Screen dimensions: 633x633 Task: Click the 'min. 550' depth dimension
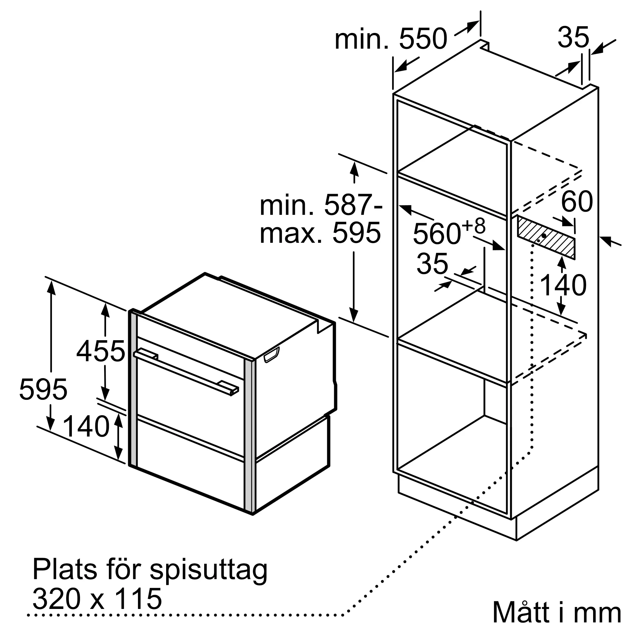(391, 39)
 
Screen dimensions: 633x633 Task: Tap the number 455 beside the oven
(101, 352)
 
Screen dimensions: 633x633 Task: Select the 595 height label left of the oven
(43, 389)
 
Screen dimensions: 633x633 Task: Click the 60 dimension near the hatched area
(577, 201)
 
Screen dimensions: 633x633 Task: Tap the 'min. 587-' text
(321, 205)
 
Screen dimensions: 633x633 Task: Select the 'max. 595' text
(320, 233)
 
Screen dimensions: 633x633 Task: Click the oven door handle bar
(186, 372)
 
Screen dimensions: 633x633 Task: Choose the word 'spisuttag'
(209, 570)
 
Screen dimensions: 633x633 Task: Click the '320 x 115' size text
(97, 598)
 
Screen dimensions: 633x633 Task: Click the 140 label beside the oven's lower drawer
(86, 426)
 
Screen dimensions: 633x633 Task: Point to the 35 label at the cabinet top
(573, 37)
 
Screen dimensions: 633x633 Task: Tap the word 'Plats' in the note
(65, 570)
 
